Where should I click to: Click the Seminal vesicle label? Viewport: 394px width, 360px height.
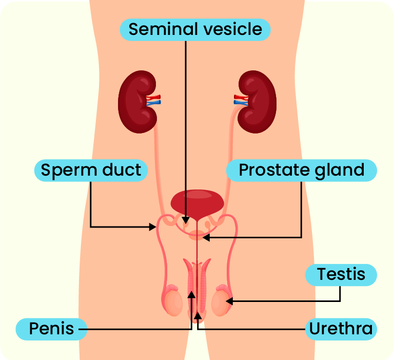pos(195,29)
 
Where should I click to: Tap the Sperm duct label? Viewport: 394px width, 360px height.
pos(91,170)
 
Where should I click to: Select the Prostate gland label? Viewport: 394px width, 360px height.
pos(302,170)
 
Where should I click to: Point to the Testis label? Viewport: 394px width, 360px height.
pos(341,274)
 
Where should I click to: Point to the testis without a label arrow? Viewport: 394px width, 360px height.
pos(173,302)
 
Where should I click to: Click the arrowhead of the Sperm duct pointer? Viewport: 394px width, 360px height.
pos(153,226)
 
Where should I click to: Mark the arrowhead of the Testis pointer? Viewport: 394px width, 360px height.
pos(229,300)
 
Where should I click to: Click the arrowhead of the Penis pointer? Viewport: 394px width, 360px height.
pos(191,295)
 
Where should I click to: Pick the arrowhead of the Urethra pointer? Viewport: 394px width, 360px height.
pos(198,313)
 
